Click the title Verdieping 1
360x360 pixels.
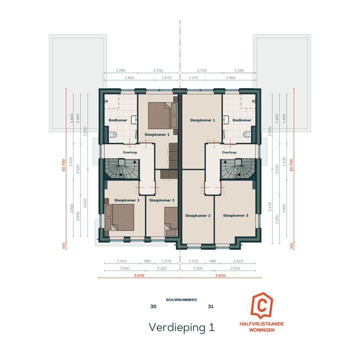[181, 327]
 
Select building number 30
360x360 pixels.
[153, 306]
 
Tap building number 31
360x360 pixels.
[211, 306]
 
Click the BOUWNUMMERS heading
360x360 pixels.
[181, 299]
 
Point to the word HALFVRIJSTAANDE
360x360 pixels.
[262, 324]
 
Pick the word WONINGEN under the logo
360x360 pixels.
[262, 330]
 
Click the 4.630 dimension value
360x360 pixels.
[85, 202]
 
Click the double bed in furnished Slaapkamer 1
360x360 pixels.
[162, 114]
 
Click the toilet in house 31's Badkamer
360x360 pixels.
[245, 134]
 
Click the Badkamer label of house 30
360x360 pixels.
[116, 120]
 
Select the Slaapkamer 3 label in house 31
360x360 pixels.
[235, 215]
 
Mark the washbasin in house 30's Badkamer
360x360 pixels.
[134, 120]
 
